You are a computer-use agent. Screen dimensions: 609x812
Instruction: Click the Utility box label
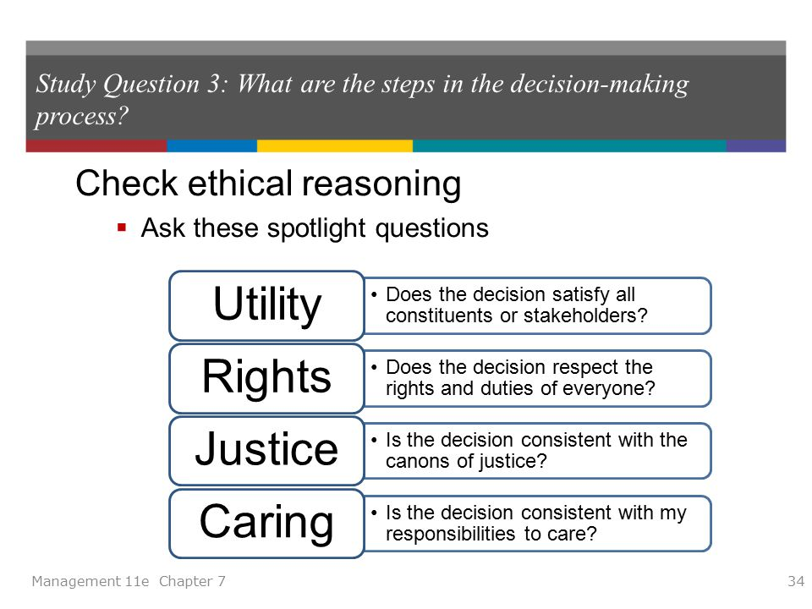click(x=267, y=305)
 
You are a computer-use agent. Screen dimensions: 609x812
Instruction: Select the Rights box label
click(x=267, y=377)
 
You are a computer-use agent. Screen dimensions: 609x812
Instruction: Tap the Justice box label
click(x=267, y=450)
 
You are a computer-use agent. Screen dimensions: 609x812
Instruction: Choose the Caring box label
click(x=267, y=523)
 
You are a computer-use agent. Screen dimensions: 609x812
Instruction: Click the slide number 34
click(x=795, y=581)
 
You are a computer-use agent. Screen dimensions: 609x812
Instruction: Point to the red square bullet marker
click(x=122, y=228)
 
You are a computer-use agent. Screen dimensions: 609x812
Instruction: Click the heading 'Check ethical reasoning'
click(x=268, y=184)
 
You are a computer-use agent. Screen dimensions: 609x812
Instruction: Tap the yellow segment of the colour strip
click(x=334, y=146)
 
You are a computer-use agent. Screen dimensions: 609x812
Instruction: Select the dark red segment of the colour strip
click(x=96, y=146)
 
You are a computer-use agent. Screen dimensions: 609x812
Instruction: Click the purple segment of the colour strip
click(x=755, y=146)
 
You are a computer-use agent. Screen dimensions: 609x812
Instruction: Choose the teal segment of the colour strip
click(x=569, y=146)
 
